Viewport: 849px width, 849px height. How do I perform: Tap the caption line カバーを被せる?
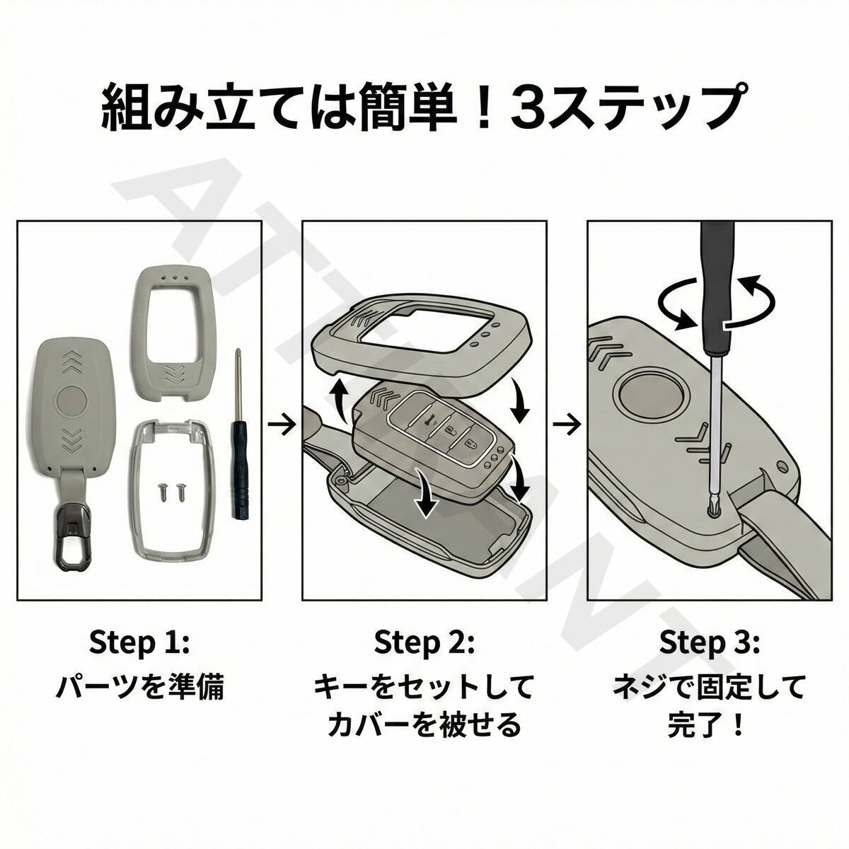click(x=424, y=725)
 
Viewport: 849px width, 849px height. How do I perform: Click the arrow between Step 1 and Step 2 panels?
click(x=282, y=424)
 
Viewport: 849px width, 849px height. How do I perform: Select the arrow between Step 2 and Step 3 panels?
click(x=567, y=424)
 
